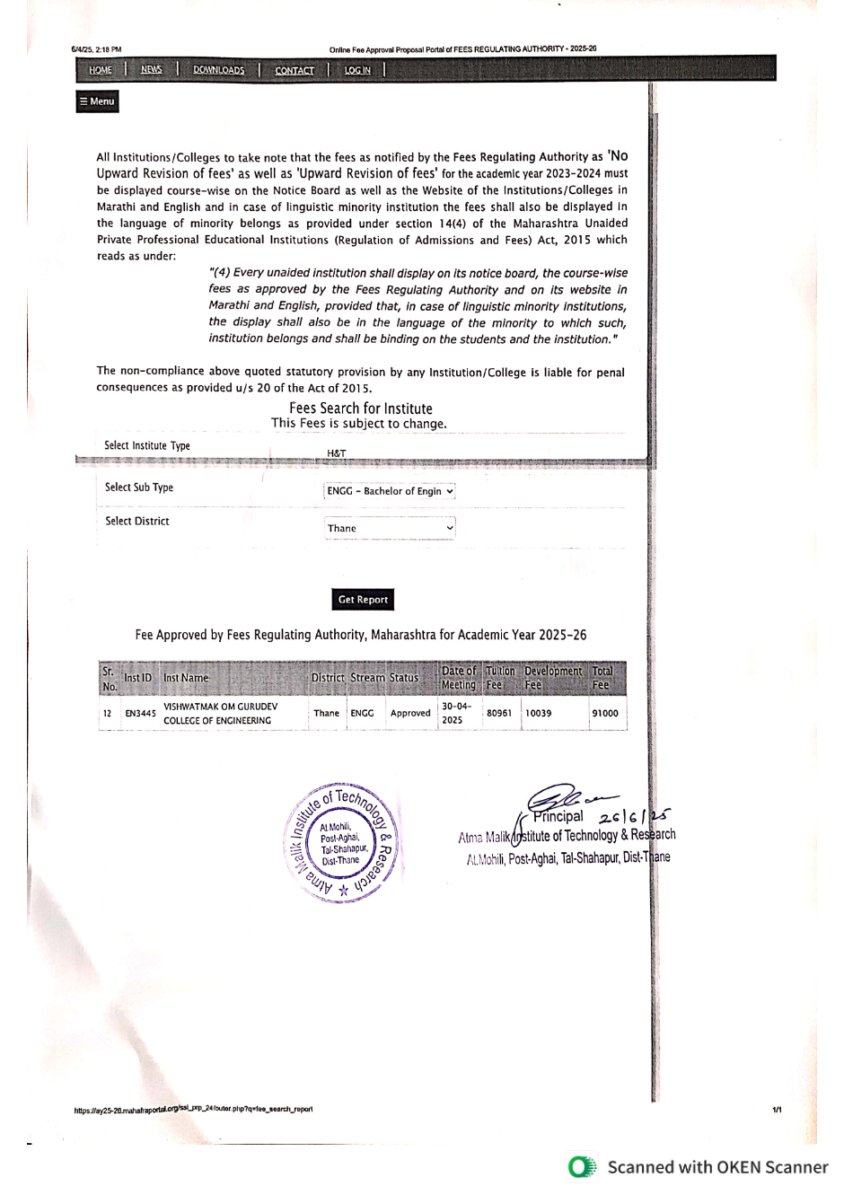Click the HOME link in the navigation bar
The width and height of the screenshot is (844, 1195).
101,70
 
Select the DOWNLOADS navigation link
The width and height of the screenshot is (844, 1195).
218,70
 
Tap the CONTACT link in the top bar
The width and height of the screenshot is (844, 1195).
295,70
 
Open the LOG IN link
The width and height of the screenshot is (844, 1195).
357,70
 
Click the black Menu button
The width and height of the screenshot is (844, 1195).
97,101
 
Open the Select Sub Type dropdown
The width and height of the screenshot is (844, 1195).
390,491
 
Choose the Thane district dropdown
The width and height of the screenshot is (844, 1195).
390,528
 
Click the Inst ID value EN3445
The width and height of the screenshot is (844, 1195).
140,714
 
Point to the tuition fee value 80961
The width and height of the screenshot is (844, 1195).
499,713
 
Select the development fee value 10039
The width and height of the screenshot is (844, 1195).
539,713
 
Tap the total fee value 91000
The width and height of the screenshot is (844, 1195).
604,713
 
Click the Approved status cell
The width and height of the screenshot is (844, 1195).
410,713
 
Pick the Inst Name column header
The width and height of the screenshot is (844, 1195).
186,678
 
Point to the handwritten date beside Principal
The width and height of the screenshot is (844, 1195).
635,816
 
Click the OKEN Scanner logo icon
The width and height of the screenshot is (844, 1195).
582,1166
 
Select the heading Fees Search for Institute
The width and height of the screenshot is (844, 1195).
360,409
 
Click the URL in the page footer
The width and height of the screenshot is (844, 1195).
194,1110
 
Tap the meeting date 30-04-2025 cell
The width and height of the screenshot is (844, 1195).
457,713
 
